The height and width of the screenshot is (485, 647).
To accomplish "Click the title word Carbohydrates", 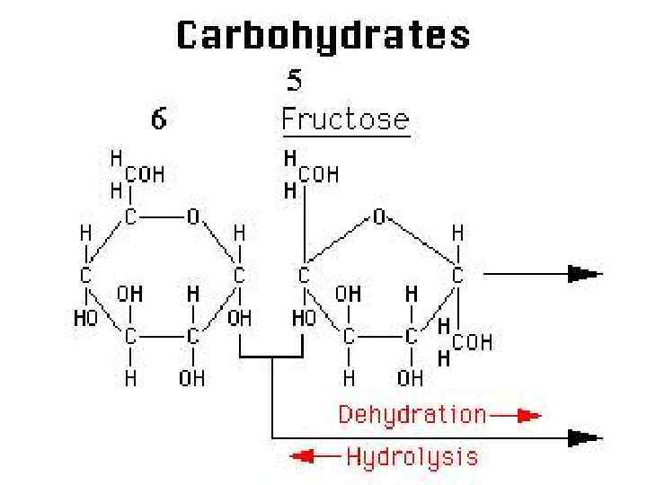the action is coord(323,36).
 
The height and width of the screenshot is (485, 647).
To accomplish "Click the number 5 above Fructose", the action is coord(295,82).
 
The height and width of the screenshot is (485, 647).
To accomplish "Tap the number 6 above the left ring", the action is coord(158,119).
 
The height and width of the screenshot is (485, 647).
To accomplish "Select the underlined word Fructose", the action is coord(346,119).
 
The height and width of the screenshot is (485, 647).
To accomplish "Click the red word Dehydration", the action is coord(412,415).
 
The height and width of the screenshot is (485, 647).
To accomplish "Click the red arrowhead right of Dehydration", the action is coord(529,416).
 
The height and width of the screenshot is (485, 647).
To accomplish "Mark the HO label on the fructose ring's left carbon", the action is coord(305,317).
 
